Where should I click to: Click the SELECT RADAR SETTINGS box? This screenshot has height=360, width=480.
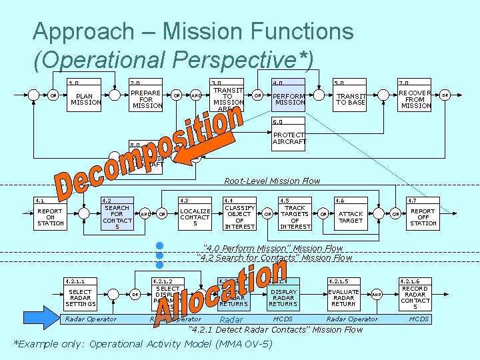tap(81, 296)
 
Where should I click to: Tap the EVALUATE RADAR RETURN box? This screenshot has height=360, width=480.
tap(343, 296)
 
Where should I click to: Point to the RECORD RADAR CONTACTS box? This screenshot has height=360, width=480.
tap(415, 296)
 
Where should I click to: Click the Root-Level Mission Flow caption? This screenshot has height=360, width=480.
tap(271, 181)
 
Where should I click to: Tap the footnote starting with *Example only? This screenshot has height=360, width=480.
tap(143, 344)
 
